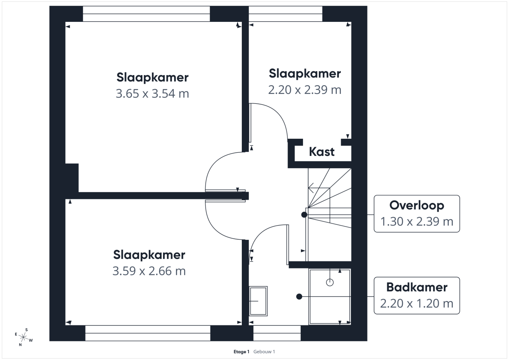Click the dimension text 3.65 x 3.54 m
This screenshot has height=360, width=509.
click(x=152, y=93)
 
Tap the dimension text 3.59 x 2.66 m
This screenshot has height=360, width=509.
click(x=149, y=271)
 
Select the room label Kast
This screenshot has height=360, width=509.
click(x=322, y=152)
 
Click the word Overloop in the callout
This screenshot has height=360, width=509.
click(x=417, y=205)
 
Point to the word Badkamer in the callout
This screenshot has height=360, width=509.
click(x=417, y=287)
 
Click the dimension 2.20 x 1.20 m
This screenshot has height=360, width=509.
click(x=417, y=304)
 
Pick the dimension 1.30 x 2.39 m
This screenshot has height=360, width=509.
click(x=417, y=222)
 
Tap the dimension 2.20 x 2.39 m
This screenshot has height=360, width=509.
click(x=305, y=90)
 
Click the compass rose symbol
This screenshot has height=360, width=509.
click(x=23, y=337)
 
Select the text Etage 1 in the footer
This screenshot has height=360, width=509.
click(x=241, y=352)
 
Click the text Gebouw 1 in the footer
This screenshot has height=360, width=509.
click(x=264, y=352)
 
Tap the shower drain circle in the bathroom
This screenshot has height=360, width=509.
click(x=330, y=282)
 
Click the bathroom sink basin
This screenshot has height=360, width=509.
click(x=258, y=301)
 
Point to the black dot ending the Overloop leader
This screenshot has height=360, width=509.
click(x=304, y=214)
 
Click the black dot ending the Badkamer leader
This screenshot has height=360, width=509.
click(x=299, y=296)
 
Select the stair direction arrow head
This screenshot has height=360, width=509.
click(x=311, y=188)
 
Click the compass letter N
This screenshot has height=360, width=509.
click(x=20, y=344)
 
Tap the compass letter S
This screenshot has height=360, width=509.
click(x=27, y=330)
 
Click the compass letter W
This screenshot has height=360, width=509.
click(x=31, y=340)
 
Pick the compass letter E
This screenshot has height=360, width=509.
click(x=16, y=334)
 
